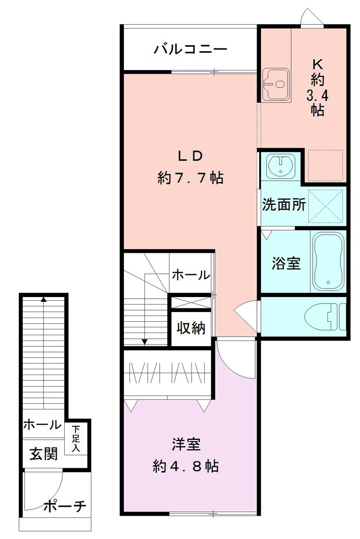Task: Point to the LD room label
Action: coord(190,156)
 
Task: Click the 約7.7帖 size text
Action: coord(191,177)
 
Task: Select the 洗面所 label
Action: coord(284,205)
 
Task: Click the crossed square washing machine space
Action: coord(327,205)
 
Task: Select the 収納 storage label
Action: coord(191,328)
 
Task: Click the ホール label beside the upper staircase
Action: coord(190,275)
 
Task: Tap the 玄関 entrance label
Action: coord(43,454)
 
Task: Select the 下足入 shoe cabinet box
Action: coord(76,438)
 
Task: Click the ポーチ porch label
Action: coord(64,506)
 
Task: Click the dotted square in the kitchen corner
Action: coord(326,165)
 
